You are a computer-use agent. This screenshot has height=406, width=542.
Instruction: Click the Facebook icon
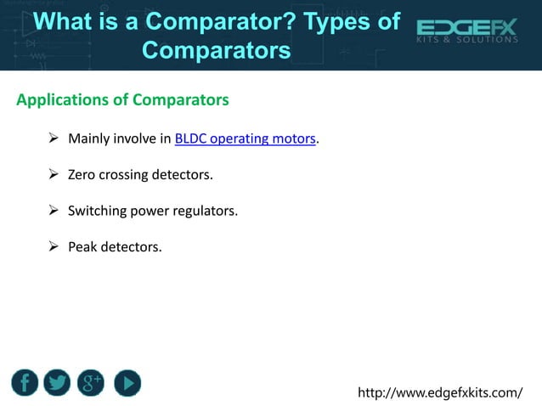tap(25, 383)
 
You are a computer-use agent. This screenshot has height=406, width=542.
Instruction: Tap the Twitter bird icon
tap(58, 383)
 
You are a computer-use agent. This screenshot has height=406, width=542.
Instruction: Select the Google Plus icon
tap(91, 383)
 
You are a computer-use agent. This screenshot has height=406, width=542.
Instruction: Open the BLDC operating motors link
tap(245, 138)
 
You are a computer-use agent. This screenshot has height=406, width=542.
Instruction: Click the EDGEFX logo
tap(466, 29)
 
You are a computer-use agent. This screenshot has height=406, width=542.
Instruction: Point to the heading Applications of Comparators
tap(122, 100)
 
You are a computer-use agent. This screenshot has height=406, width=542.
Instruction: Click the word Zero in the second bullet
tap(83, 175)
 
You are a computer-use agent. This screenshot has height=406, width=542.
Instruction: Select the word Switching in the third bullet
tap(99, 211)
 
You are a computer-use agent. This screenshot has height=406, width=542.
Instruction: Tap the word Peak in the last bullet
tap(83, 247)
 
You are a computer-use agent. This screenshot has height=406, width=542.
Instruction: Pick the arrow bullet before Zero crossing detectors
tap(53, 175)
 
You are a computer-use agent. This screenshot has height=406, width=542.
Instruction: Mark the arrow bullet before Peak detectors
tap(53, 247)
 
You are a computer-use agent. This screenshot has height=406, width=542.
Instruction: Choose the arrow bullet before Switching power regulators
tap(53, 211)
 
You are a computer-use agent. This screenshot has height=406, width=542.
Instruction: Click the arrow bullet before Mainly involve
tap(53, 138)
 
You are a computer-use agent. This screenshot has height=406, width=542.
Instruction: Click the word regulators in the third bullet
tap(206, 211)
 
